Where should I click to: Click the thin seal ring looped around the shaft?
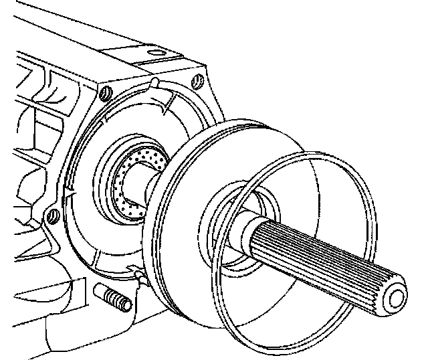tap(294, 314)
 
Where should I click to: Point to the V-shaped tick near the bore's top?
tap(164, 104)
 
